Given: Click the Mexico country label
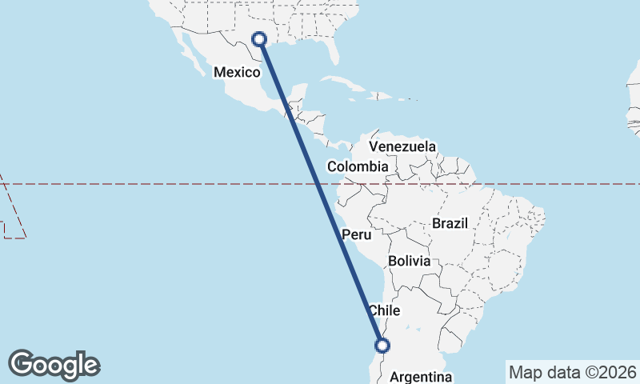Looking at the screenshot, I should [237, 73].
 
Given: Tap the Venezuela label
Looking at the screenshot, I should [402, 146].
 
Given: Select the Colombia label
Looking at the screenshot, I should [358, 167].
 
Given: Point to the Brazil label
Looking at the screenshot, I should [449, 224].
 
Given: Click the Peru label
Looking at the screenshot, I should [357, 235].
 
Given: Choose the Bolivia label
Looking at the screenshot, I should [409, 262].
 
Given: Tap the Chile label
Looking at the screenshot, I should [383, 310].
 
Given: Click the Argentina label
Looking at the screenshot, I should [420, 377].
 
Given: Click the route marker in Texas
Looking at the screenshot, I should [258, 38].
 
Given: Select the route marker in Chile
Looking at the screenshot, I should [382, 346].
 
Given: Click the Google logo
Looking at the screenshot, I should [54, 365].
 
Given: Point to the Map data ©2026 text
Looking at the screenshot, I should [572, 372].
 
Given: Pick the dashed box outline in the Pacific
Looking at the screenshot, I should [14, 211].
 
